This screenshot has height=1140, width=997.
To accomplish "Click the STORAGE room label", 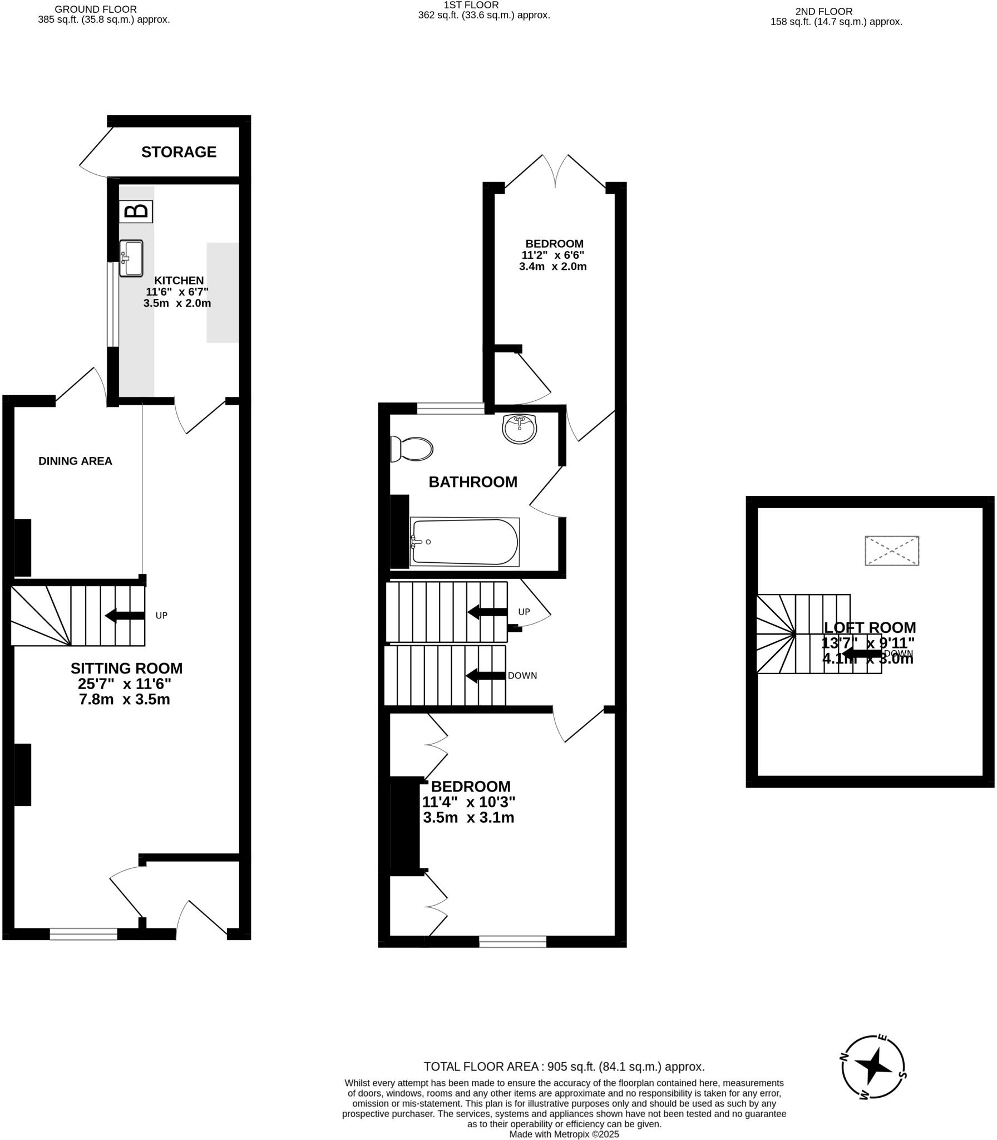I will [x=179, y=152].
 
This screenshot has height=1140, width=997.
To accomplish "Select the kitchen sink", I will [x=131, y=258].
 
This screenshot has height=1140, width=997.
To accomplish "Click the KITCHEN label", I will [x=179, y=281].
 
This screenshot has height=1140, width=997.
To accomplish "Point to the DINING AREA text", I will [x=75, y=461].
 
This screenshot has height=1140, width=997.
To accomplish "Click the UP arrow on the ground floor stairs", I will [x=125, y=615].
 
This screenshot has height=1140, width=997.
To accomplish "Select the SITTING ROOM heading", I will [x=126, y=668].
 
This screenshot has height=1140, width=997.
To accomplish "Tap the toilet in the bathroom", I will [x=412, y=449].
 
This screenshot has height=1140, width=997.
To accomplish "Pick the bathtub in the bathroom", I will [x=465, y=542].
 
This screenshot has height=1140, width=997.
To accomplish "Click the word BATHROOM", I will [x=473, y=482].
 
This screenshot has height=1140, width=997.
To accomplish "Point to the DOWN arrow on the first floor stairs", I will [x=486, y=676].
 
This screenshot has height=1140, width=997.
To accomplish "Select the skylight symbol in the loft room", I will [x=891, y=551].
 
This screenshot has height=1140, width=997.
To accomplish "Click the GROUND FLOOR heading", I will [x=96, y=9].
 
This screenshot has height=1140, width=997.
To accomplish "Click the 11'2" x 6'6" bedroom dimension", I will [x=552, y=255].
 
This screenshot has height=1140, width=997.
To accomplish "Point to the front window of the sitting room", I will [x=83, y=933].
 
